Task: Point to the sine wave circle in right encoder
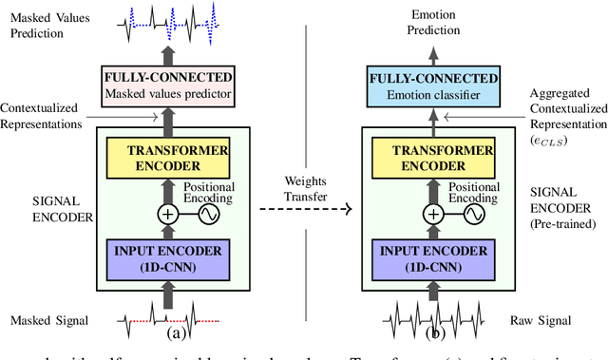476,214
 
